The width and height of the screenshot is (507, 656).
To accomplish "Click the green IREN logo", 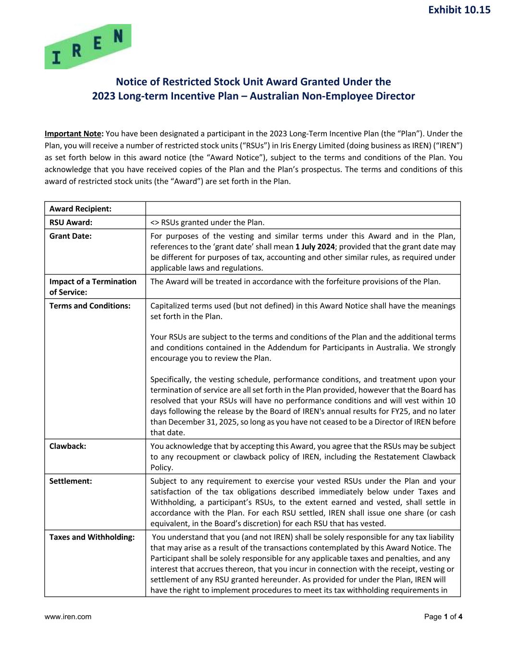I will [x=88, y=47].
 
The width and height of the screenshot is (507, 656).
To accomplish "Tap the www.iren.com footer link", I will [x=68, y=617].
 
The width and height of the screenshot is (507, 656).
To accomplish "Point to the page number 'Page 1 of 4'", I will [x=443, y=617].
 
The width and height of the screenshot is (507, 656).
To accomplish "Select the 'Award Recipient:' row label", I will [x=80, y=209].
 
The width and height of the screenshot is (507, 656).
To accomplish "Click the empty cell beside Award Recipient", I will [x=303, y=209].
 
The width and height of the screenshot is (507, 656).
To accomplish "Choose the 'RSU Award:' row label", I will [x=71, y=222].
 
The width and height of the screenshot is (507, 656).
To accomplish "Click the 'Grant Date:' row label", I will [x=70, y=236].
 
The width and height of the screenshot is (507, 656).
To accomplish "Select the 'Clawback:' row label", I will [x=68, y=446].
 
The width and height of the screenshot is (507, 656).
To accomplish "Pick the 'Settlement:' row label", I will [x=71, y=481].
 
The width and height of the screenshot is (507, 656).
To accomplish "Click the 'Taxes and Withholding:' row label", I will [x=92, y=537].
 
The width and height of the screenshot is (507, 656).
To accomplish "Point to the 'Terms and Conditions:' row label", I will [x=90, y=306].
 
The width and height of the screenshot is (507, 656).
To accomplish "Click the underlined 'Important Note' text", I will [x=73, y=134].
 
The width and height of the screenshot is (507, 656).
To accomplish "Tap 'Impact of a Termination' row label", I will [x=93, y=282].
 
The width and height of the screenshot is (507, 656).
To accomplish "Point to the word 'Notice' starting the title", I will [x=132, y=82].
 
